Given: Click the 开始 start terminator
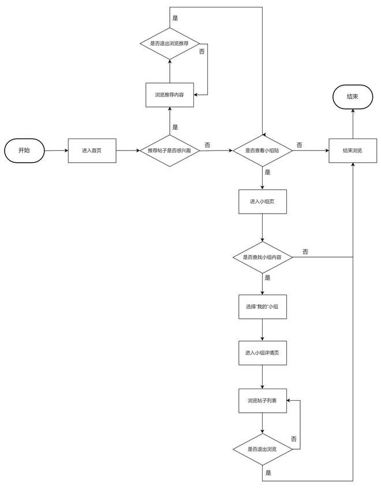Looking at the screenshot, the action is point(24,151).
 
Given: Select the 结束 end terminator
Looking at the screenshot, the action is point(353,96).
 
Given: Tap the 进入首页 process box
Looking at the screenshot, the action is point(92,151).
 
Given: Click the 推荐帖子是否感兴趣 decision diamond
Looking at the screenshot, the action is point(170,151).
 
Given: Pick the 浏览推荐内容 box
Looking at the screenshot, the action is point(170,95).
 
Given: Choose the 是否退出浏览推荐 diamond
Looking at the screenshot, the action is point(170,43).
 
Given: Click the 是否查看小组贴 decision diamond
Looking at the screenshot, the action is point(263,151).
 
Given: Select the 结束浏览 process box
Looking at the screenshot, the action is point(353,151).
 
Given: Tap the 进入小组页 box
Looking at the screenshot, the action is point(263,201).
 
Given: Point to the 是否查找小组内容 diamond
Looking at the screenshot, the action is point(263,257).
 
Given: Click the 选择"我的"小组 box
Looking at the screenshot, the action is point(263,307).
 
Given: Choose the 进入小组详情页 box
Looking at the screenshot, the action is point(263,353).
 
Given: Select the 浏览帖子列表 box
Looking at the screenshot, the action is point(263,401).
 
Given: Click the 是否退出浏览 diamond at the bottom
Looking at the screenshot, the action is point(263,449).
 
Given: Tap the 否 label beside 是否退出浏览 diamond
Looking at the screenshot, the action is point(294,439).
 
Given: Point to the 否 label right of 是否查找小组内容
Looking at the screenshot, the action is point(305,251).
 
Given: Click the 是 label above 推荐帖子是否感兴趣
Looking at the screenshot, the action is point(175,127).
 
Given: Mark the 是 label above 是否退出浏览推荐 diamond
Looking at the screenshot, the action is point(175,18).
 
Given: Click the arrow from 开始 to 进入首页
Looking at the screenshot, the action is point(57,151).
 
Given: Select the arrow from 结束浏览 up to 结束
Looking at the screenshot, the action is point(353,124).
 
